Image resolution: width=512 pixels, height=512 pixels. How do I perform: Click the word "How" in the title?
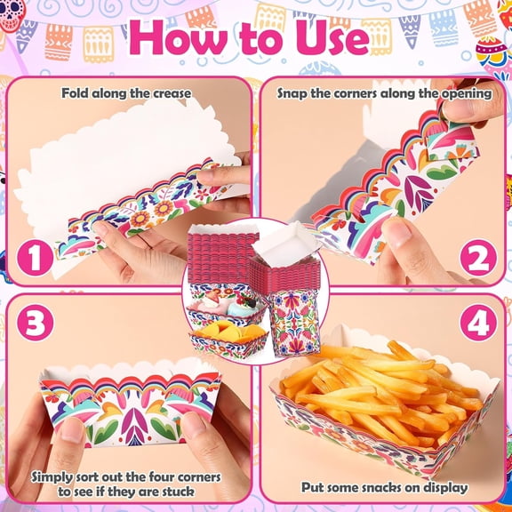pyautogui.click(x=179, y=37)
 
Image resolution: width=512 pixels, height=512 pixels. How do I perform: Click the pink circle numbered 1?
pyautogui.click(x=35, y=259)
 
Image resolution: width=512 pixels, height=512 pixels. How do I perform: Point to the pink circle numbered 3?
pyautogui.click(x=35, y=323)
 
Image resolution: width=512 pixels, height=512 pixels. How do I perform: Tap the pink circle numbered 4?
pyautogui.click(x=478, y=323)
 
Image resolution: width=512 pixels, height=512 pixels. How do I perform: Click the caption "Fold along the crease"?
pyautogui.click(x=126, y=93)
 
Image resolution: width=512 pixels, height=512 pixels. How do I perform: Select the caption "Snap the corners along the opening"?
pyautogui.click(x=384, y=93)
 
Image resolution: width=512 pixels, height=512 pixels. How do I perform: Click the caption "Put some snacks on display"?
pyautogui.click(x=384, y=487)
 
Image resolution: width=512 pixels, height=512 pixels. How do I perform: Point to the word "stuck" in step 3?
pyautogui.click(x=177, y=491)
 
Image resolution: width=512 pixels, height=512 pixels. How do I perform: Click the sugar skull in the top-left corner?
pyautogui.click(x=12, y=15)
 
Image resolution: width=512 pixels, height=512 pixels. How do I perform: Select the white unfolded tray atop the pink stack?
pyautogui.click(x=284, y=244)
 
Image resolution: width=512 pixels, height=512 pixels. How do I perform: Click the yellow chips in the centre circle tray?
pyautogui.click(x=228, y=331)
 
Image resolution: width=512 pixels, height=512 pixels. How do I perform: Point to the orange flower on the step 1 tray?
pyautogui.click(x=141, y=218)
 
